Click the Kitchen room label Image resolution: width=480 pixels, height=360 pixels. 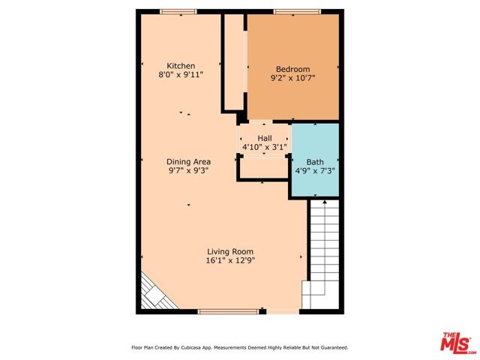(x=181, y=66)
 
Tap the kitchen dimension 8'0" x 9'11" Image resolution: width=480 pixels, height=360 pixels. (x=181, y=74)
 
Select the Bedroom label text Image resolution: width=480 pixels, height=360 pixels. (x=293, y=69)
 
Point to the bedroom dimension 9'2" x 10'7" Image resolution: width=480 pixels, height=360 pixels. (x=293, y=78)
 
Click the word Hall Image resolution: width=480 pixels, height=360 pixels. (x=265, y=138)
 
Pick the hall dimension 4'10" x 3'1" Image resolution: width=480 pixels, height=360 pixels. (x=265, y=147)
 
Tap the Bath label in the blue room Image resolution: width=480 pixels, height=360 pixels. (x=315, y=162)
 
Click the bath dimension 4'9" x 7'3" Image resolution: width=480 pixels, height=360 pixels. (x=315, y=170)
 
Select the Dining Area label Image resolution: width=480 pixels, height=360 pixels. (x=188, y=162)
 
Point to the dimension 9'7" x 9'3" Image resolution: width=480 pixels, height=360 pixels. (x=188, y=170)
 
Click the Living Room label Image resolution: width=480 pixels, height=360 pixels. (x=230, y=252)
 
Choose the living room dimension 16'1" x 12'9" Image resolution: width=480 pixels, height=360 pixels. (x=230, y=260)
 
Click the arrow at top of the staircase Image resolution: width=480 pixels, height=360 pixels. (x=325, y=202)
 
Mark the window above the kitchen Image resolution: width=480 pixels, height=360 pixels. (x=178, y=12)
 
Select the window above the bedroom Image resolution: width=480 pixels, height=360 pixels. (x=297, y=12)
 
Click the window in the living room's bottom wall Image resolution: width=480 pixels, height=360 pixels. (x=228, y=312)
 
